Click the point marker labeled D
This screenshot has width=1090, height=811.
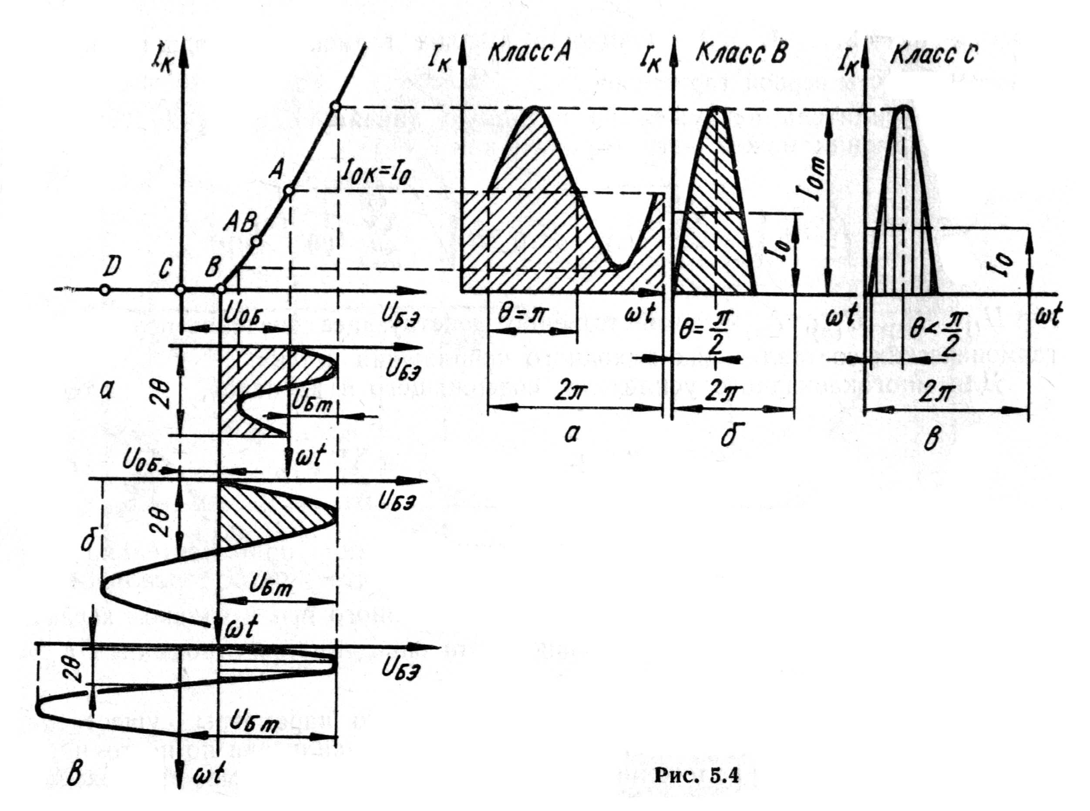(x=104, y=290)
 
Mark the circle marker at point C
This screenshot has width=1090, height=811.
(x=180, y=290)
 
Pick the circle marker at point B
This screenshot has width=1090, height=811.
(x=221, y=289)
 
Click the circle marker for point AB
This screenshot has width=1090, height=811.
(x=256, y=241)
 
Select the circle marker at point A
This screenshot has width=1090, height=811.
(x=289, y=190)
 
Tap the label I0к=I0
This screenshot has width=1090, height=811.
(x=375, y=173)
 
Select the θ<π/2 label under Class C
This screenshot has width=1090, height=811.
(x=933, y=332)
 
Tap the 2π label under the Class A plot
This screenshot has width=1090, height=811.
(x=570, y=392)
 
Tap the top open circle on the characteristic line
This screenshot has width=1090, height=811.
(x=335, y=106)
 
